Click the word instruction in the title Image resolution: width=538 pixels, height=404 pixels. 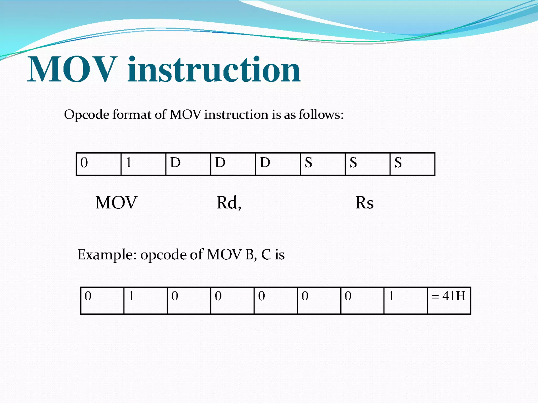[x=214, y=70]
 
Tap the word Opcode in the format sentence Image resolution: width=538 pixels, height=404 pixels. [x=87, y=115]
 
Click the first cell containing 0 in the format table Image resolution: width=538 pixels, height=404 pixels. [x=99, y=164]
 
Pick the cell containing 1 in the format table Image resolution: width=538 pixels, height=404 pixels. [x=143, y=164]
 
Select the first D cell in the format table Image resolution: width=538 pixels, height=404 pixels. [x=188, y=164]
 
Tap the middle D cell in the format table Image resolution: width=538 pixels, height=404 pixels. [x=233, y=164]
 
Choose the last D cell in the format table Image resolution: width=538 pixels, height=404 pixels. [x=278, y=164]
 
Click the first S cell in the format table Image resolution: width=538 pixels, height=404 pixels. [x=323, y=164]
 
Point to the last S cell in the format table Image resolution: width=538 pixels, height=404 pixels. [x=412, y=164]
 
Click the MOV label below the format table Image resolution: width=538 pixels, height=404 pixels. [x=116, y=203]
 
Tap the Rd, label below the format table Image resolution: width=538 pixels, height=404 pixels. [x=229, y=203]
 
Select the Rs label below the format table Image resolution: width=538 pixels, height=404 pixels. [x=364, y=203]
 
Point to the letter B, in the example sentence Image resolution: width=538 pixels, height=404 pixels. [x=251, y=254]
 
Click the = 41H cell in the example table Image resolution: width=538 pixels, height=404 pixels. [x=449, y=301]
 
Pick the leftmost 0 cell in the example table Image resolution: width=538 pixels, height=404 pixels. [x=102, y=301]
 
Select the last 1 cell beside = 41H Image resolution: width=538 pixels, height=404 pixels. [x=405, y=301]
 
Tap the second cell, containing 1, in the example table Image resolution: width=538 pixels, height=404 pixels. [x=146, y=301]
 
